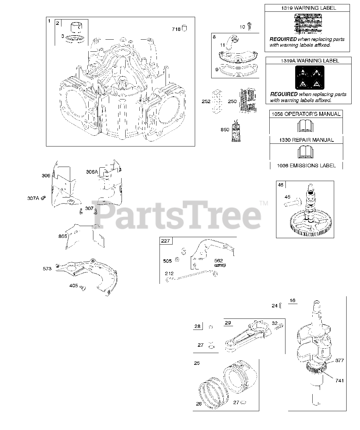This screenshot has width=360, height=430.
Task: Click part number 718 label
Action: point(176,29)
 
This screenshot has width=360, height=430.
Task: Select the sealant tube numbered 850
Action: point(235,131)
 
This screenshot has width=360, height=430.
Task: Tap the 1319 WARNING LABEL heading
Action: point(307,8)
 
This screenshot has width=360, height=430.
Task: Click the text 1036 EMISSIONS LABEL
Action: point(306,165)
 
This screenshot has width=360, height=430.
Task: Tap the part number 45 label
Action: point(287,197)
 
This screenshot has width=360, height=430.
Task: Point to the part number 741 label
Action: point(340,381)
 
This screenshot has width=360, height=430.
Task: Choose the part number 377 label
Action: point(340,361)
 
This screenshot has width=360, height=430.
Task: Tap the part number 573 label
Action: point(47,269)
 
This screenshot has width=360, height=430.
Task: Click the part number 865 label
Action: point(63,236)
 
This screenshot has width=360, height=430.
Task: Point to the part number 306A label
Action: point(92,172)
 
